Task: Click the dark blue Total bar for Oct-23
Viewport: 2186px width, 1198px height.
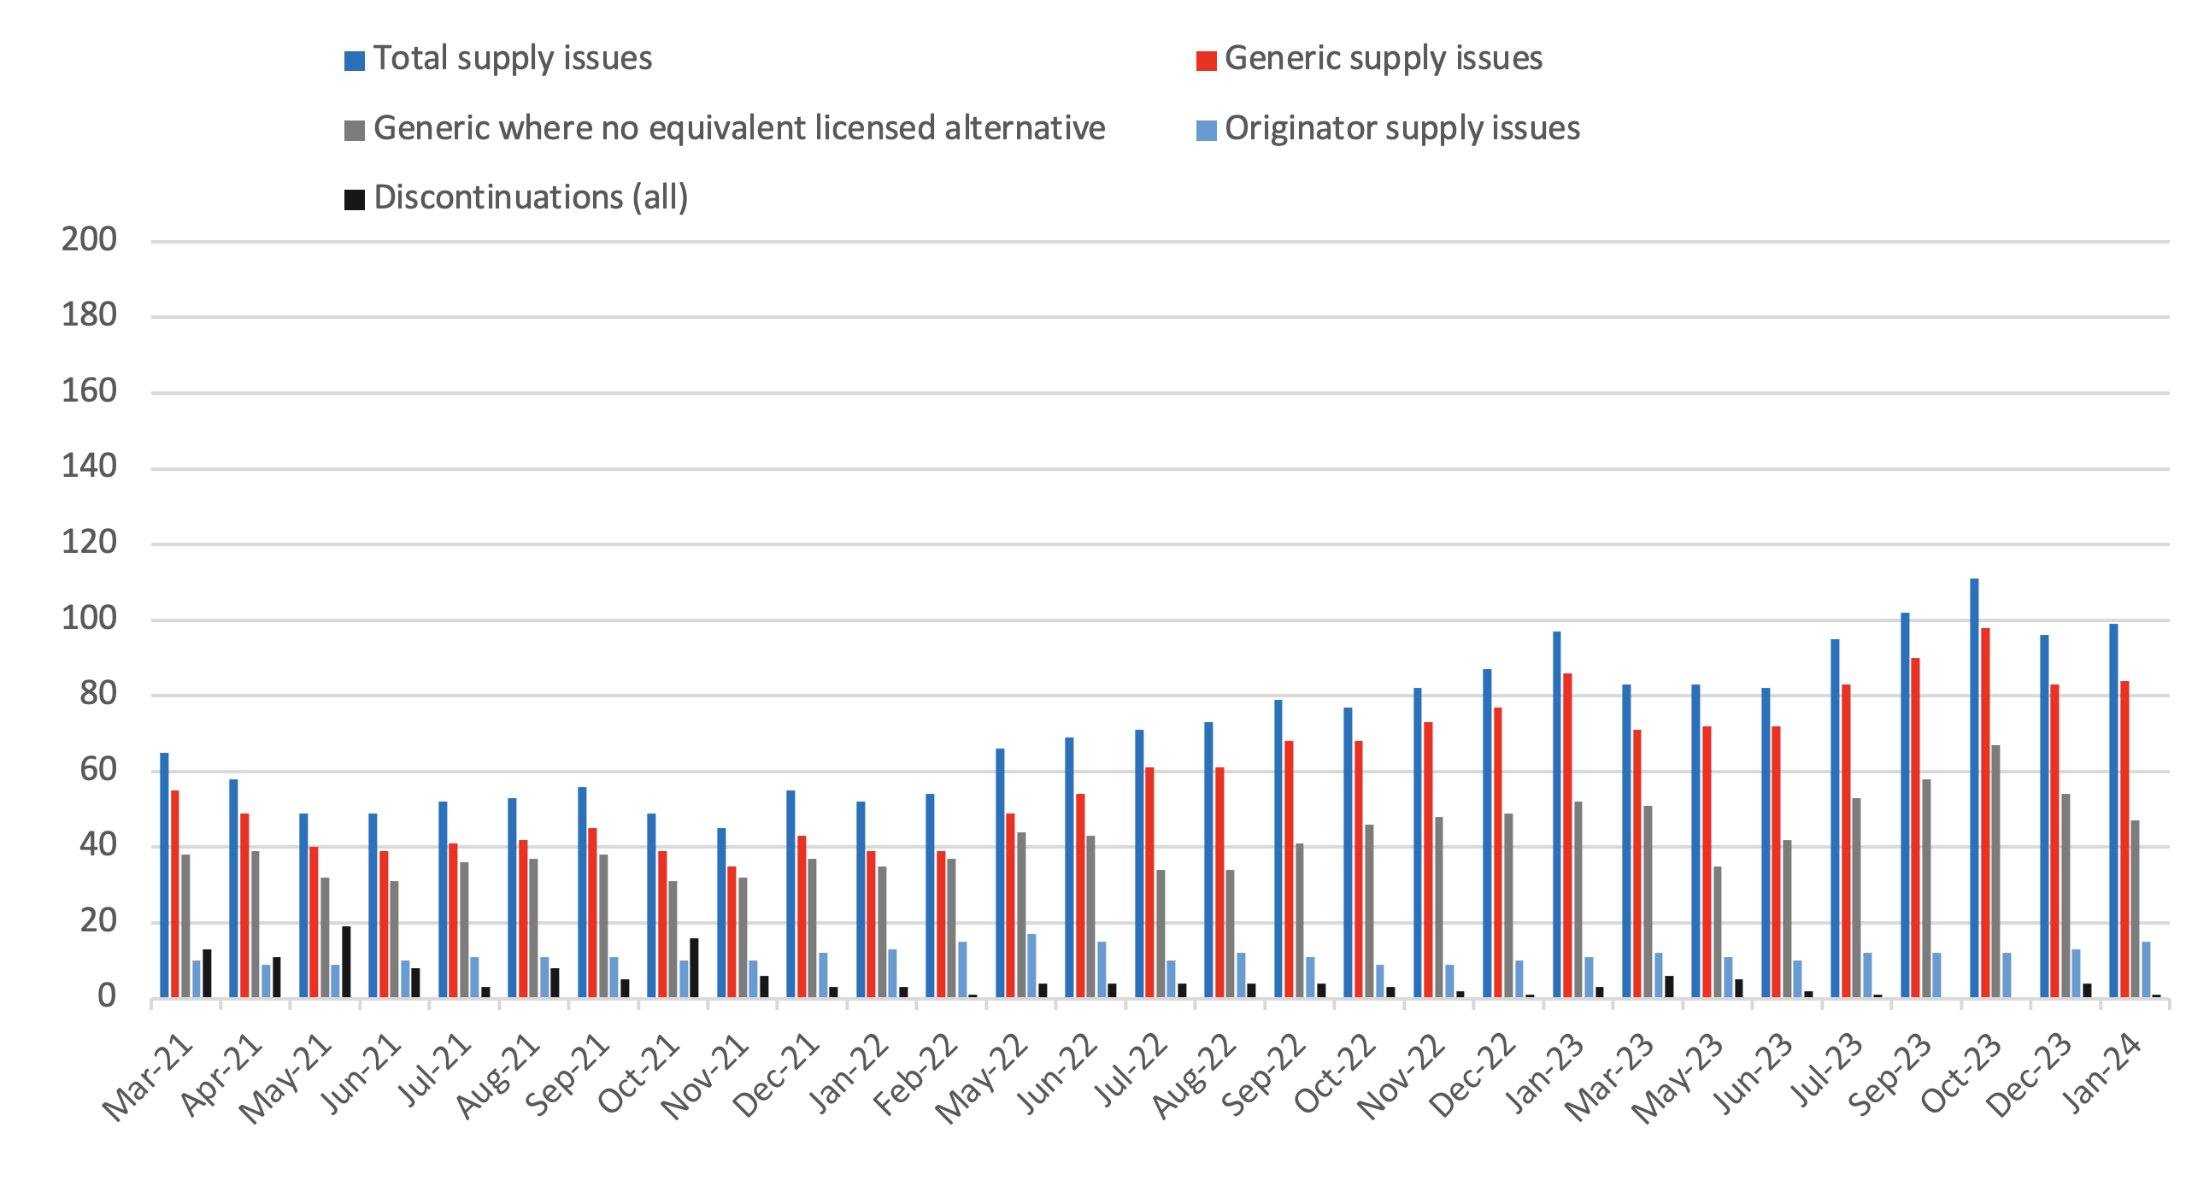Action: [1974, 788]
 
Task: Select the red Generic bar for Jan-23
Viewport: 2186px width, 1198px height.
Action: [1567, 835]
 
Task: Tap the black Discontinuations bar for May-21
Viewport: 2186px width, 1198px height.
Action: [346, 961]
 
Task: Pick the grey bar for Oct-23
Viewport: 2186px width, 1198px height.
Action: [1995, 871]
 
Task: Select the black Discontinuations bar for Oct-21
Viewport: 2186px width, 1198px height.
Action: [694, 967]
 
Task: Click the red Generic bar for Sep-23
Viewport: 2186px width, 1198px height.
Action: [1915, 827]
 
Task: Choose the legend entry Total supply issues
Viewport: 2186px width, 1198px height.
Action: [512, 59]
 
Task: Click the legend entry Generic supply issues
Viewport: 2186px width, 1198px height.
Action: [1383, 59]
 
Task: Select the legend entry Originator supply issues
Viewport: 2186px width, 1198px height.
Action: [1402, 129]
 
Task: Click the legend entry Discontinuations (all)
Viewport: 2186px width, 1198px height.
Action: [530, 198]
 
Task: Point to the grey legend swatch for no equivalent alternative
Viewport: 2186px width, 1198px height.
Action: [354, 131]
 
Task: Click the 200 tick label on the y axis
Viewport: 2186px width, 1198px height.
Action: [89, 240]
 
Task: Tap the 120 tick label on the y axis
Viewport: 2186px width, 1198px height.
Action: [89, 543]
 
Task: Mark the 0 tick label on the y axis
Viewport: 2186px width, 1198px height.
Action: [106, 996]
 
